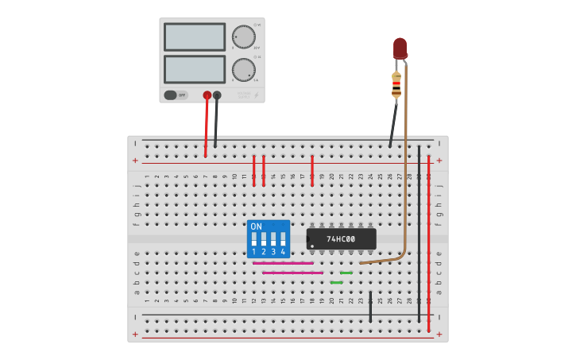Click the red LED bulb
[400, 48]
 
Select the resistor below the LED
[396, 84]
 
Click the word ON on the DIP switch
[256, 226]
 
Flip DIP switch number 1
[254, 238]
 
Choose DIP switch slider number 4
[283, 238]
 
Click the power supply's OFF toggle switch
[176, 95]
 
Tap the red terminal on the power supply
[207, 95]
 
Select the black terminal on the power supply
[217, 95]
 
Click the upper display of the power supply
[195, 37]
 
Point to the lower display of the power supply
[195, 68]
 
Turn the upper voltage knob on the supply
[243, 37]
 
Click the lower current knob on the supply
[243, 69]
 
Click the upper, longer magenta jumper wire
[283, 263]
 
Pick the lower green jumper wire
[336, 282]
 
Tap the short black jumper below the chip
[370, 306]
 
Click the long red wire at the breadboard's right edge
[429, 238]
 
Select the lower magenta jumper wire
[292, 273]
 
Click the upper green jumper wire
[346, 273]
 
